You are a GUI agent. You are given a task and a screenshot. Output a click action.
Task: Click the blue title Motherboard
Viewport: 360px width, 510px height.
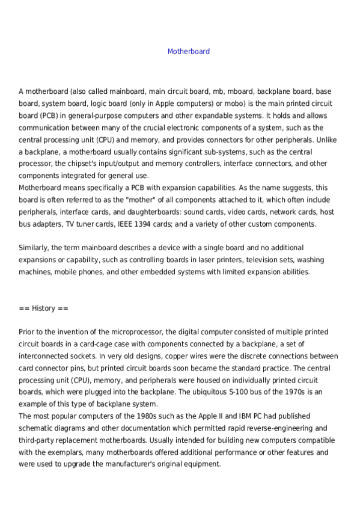pos(188,52)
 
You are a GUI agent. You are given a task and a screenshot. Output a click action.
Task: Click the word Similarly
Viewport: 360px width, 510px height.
pos(34,248)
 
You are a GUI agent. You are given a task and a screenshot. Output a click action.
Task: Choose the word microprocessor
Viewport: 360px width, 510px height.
pos(135,332)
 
